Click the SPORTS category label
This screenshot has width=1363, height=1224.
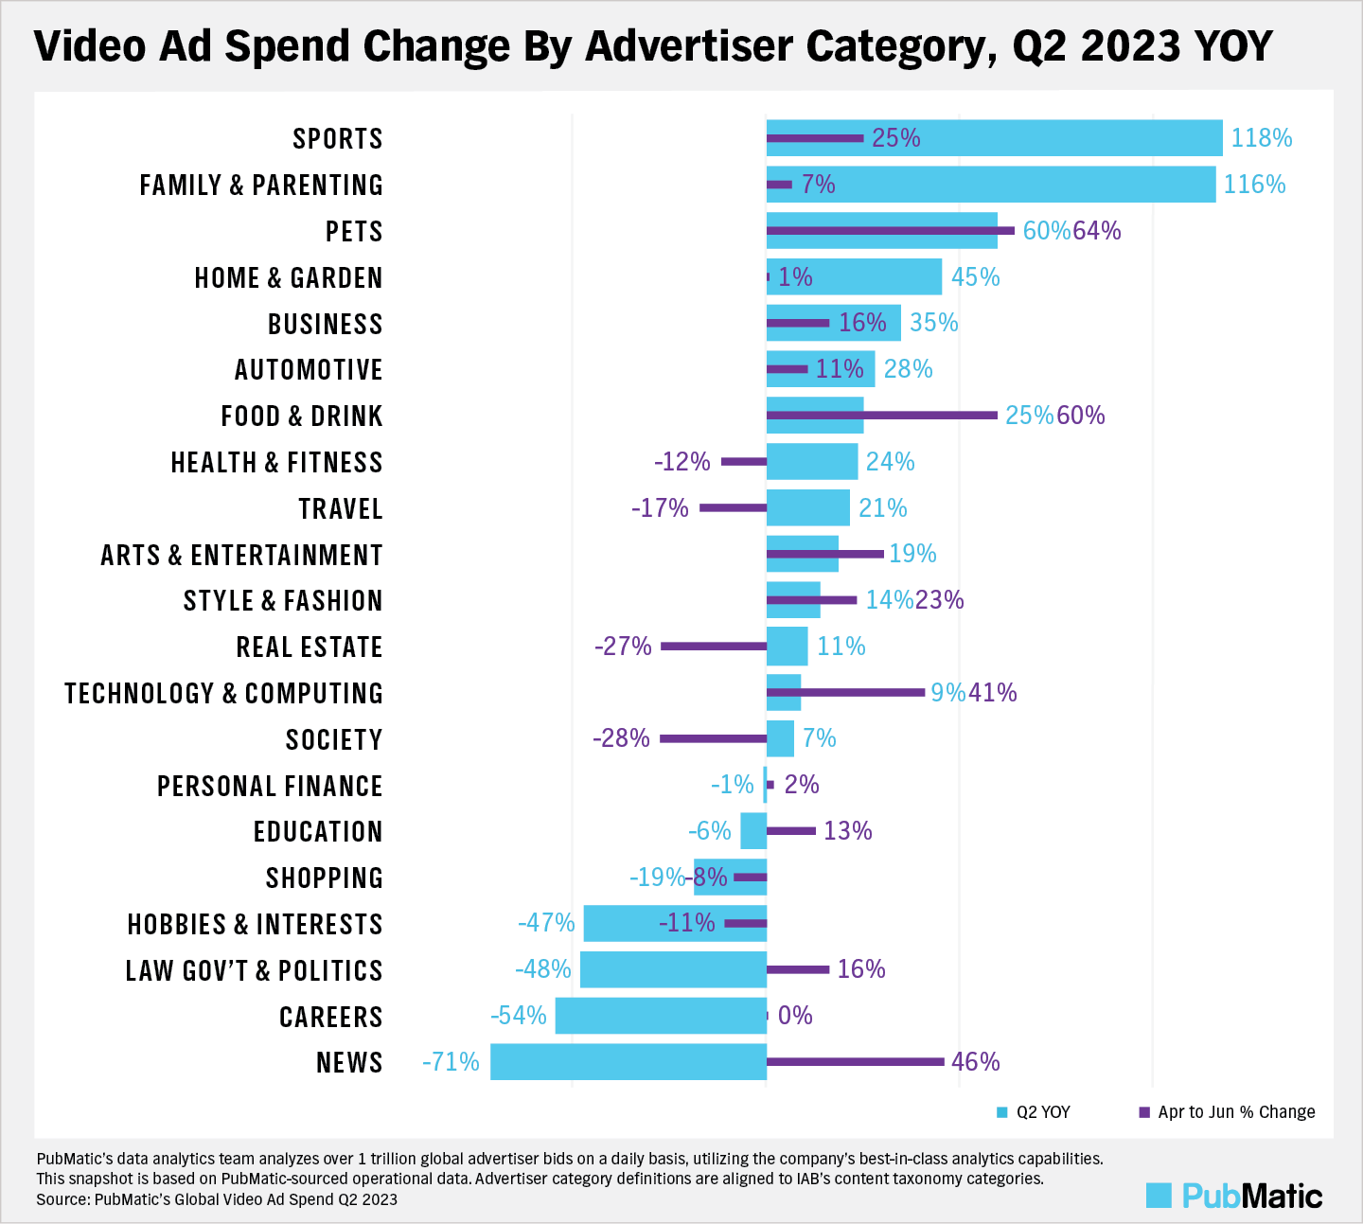coord(337,139)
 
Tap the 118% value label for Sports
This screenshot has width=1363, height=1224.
coord(1261,138)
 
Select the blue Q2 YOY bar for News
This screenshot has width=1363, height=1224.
coord(628,1062)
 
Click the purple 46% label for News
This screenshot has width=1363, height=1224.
coord(975,1062)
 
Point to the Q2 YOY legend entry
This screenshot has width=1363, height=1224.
coord(1034,1112)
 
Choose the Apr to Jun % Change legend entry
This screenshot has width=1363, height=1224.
coord(1227,1112)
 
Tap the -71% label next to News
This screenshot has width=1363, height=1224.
coord(451,1062)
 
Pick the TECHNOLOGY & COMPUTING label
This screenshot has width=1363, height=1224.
coord(223,694)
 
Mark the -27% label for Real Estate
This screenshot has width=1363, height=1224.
coord(623,647)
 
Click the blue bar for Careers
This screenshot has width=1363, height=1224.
coord(660,1016)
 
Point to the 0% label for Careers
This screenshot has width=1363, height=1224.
coord(795,1016)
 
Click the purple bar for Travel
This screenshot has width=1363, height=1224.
coord(733,508)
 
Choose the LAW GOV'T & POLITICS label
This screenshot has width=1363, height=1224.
coord(254,971)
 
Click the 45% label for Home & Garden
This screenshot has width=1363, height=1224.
coord(975,277)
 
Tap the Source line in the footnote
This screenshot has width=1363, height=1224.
coord(217,1199)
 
